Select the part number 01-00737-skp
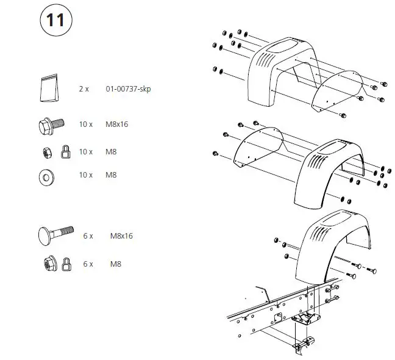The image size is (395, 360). tap(129, 89)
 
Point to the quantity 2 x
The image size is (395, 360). tap(84, 89)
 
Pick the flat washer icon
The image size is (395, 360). tap(46, 176)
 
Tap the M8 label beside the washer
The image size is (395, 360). tap(111, 175)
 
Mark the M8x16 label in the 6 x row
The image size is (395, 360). tap(122, 235)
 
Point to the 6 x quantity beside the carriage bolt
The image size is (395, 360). tap(88, 235)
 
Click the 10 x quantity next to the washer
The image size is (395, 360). tap(86, 175)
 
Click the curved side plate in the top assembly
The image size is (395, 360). tap(335, 92)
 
